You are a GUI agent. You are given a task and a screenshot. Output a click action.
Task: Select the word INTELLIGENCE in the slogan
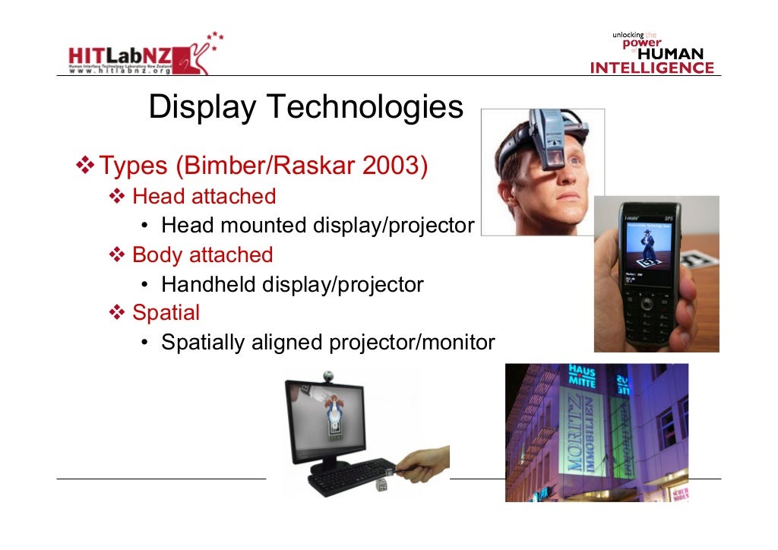[652, 68]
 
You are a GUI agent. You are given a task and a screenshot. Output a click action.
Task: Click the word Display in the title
[202, 108]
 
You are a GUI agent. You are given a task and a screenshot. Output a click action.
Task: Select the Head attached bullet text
[204, 196]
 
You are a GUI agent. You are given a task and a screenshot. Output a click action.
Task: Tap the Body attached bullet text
[202, 254]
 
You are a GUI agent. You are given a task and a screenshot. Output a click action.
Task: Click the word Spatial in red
[166, 312]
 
